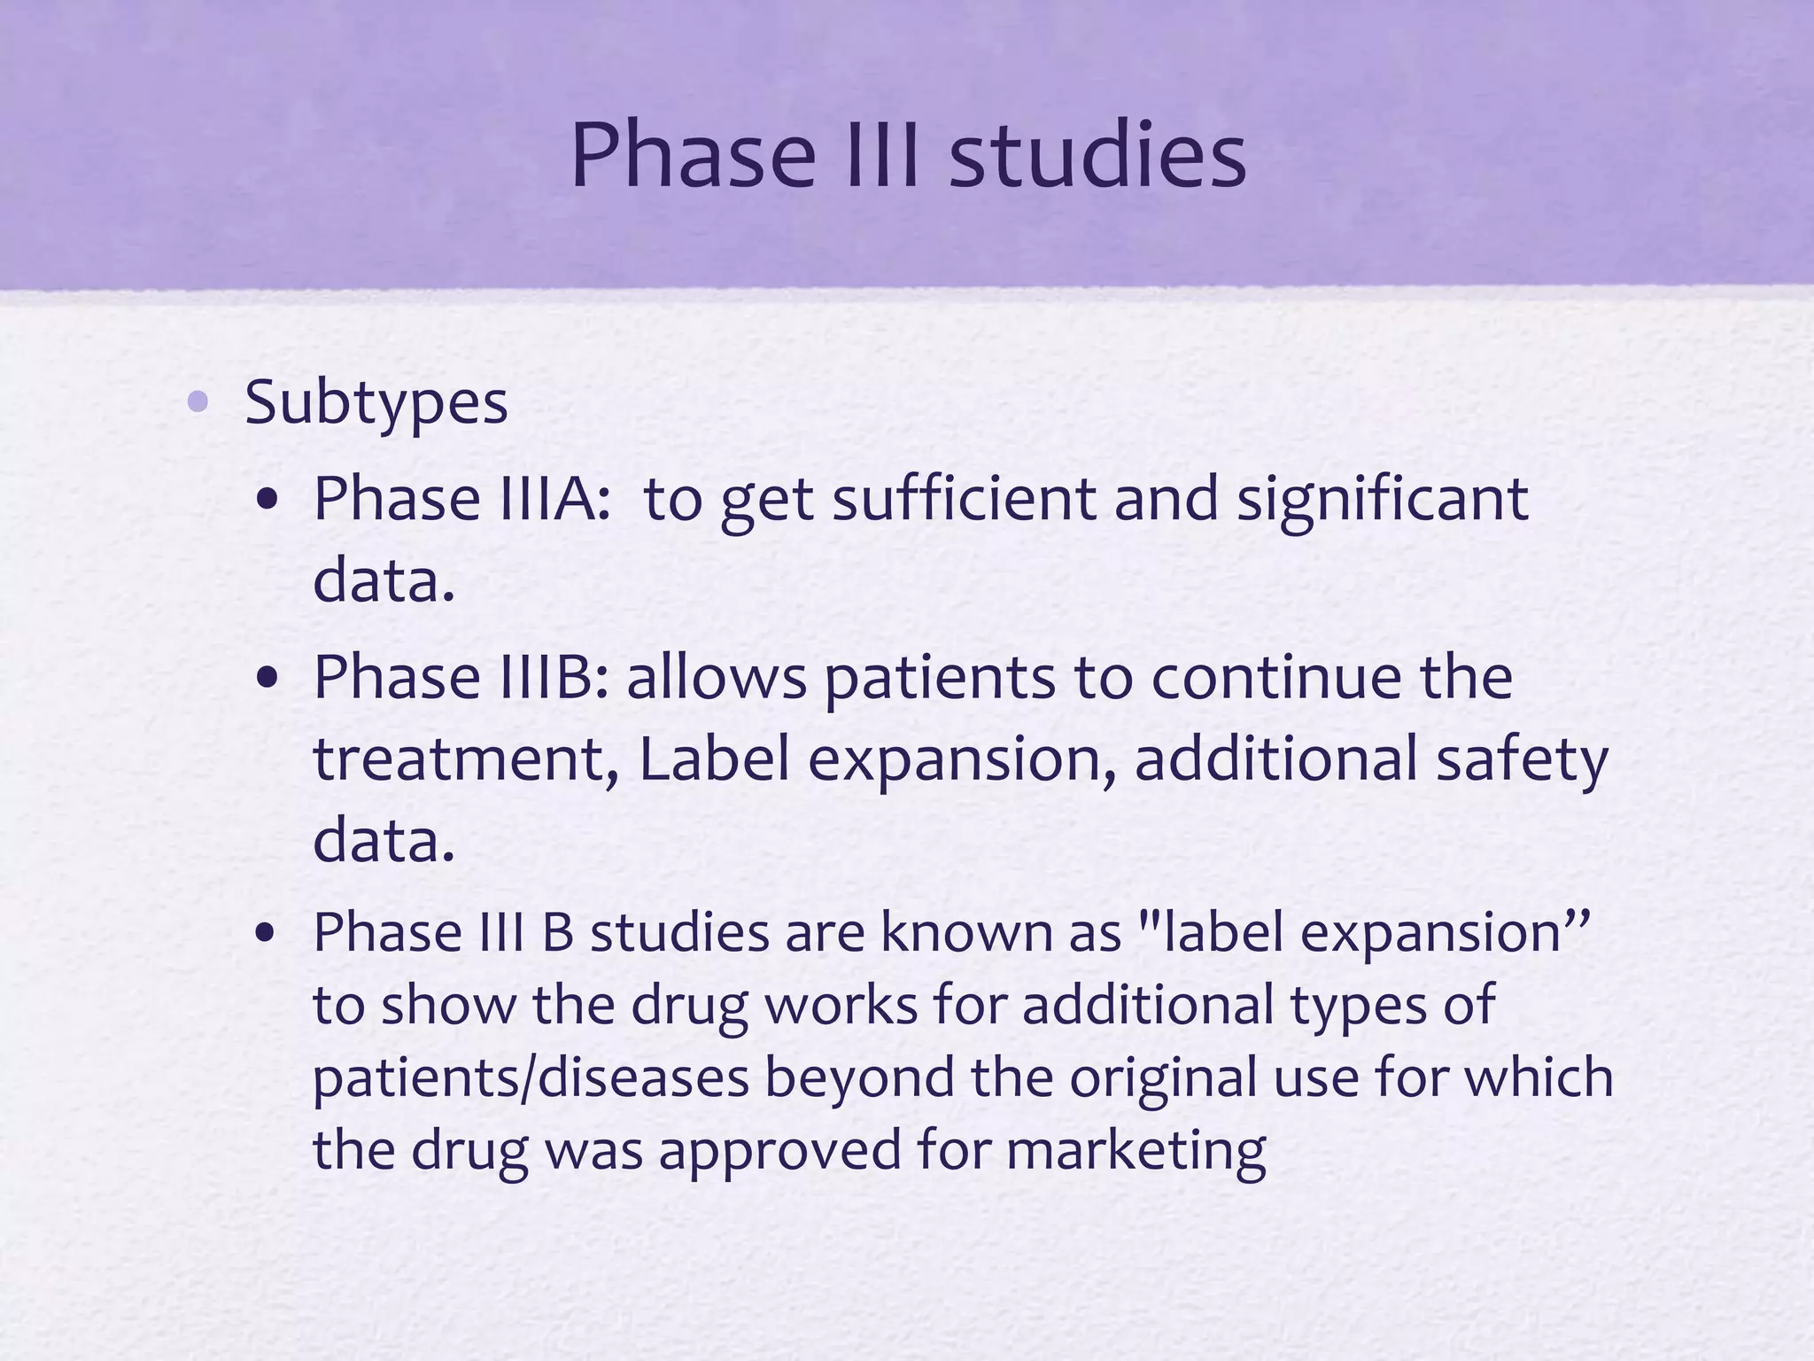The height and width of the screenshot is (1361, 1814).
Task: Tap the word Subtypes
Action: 376,403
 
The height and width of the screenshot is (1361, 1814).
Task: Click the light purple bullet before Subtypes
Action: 198,402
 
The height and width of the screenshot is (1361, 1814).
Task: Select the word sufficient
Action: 964,499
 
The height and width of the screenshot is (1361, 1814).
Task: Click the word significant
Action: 1382,499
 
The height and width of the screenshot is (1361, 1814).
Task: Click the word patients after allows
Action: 940,678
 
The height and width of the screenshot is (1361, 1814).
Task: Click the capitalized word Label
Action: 713,759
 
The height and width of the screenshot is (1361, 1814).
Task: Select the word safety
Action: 1521,759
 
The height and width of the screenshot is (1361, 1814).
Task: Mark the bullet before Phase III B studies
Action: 267,935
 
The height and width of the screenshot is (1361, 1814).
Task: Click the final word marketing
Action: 1136,1151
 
